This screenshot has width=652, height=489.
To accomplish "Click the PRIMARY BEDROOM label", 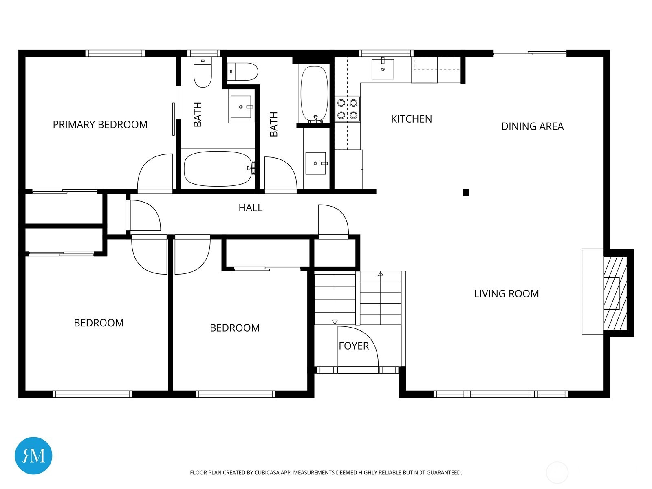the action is point(100,124).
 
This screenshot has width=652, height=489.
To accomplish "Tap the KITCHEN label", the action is point(412,119).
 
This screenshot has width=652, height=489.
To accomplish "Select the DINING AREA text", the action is point(532,126).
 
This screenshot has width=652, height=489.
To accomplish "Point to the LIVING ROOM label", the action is point(506,294).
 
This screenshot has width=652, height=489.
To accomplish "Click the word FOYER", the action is point(354,346).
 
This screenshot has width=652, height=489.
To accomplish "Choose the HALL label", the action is point(250,208).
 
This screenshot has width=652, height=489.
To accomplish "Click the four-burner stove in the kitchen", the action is point(347,109).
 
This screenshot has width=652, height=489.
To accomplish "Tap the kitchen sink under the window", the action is point(383,69).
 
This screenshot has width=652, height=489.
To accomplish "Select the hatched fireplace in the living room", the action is point(615,293).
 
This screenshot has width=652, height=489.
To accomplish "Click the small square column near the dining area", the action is point(466,193).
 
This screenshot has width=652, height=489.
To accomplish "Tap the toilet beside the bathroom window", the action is point(203,72).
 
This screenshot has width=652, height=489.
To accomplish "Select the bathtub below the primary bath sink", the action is point(218,169).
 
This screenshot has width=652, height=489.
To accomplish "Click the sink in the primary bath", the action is point(241,107).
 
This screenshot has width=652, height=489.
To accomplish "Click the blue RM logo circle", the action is point(33,456).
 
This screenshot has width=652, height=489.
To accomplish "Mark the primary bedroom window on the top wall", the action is point(115,53).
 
